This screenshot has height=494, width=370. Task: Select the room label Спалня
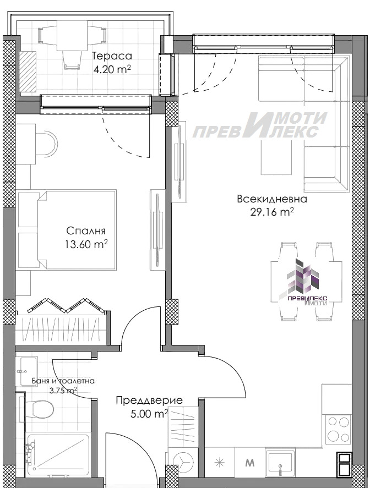[85, 231]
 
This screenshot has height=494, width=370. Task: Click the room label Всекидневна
[271, 199]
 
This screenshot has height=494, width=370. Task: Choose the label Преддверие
[149, 400]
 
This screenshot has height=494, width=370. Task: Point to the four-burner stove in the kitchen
[338, 430]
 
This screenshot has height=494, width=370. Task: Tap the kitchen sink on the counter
[281, 462]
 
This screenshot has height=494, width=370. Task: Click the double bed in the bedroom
[66, 229]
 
